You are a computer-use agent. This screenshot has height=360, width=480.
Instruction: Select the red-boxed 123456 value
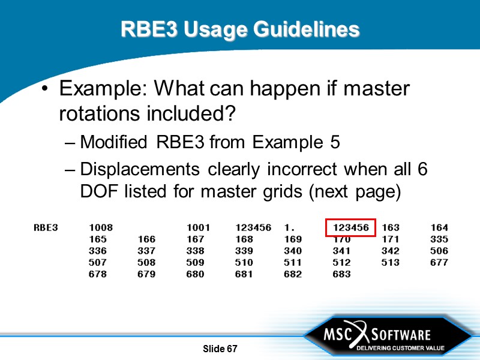pyautogui.click(x=351, y=228)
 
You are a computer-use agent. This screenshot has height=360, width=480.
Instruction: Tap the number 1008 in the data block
pyautogui.click(x=101, y=228)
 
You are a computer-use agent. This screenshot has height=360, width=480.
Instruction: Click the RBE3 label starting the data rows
pyautogui.click(x=46, y=228)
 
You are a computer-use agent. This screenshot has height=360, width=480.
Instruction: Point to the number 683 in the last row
pyautogui.click(x=341, y=274)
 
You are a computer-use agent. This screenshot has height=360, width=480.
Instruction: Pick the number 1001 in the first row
pyautogui.click(x=199, y=228)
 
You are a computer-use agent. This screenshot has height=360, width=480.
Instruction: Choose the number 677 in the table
pyautogui.click(x=439, y=263)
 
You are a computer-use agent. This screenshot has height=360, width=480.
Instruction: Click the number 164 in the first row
pyautogui.click(x=439, y=228)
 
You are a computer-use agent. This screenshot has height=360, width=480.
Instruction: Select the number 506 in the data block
pyautogui.click(x=439, y=251)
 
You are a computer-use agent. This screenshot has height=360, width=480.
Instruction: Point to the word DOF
pyautogui.click(x=97, y=192)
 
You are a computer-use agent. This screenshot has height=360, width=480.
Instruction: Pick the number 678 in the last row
pyautogui.click(x=98, y=274)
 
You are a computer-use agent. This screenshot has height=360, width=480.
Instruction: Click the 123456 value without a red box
pyautogui.click(x=253, y=228)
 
